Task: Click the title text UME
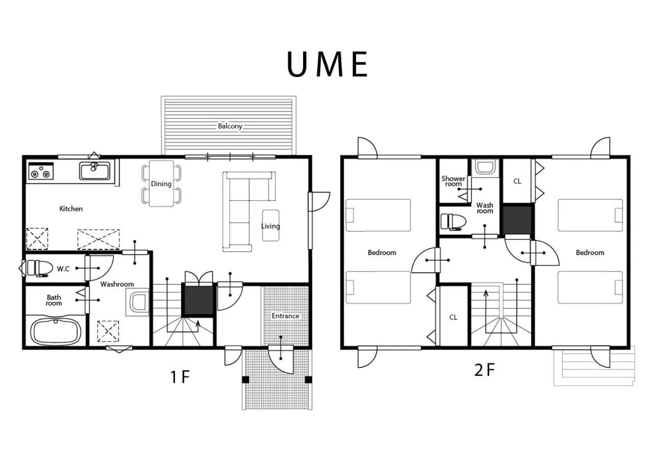coord(327,65)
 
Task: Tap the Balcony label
coord(230,126)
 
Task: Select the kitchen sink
coord(95,171)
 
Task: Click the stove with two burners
coord(41,171)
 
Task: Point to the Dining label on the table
coord(161,184)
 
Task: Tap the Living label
coord(270,226)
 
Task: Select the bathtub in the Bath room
coord(56,331)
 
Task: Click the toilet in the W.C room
coord(39,268)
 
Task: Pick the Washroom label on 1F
coord(117,284)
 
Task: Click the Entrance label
coord(285,316)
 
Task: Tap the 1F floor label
coord(180,377)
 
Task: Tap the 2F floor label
coord(484,370)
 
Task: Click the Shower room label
coord(453,181)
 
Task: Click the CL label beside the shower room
coord(517,181)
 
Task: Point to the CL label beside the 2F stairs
coord(453,317)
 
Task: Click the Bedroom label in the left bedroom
coord(382,252)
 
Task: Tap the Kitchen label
coord(71,209)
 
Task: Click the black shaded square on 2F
coord(517,219)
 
